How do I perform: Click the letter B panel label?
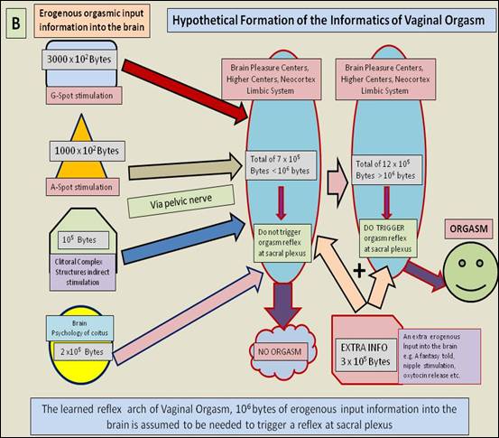click(x=16, y=23)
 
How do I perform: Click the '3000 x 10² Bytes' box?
click(x=79, y=60)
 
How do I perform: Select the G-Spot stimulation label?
click(x=84, y=96)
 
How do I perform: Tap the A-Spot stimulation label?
click(x=83, y=187)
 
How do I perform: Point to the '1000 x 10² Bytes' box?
click(x=88, y=151)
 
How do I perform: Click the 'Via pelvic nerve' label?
click(x=180, y=201)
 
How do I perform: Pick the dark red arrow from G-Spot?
click(x=185, y=90)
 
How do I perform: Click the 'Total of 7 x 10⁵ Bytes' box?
click(x=281, y=165)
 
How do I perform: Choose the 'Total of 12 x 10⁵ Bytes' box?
click(x=386, y=170)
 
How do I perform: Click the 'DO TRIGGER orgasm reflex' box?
click(x=388, y=238)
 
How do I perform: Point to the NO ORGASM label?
click(x=280, y=351)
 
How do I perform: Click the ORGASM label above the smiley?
click(x=468, y=229)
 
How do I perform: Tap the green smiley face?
click(x=470, y=272)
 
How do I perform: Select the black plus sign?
click(x=359, y=271)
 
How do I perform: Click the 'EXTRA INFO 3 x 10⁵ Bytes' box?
click(x=366, y=355)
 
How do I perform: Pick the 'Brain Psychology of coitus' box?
click(x=79, y=328)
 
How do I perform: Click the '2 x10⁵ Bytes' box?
click(x=82, y=351)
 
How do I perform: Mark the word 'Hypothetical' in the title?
click(x=205, y=21)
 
